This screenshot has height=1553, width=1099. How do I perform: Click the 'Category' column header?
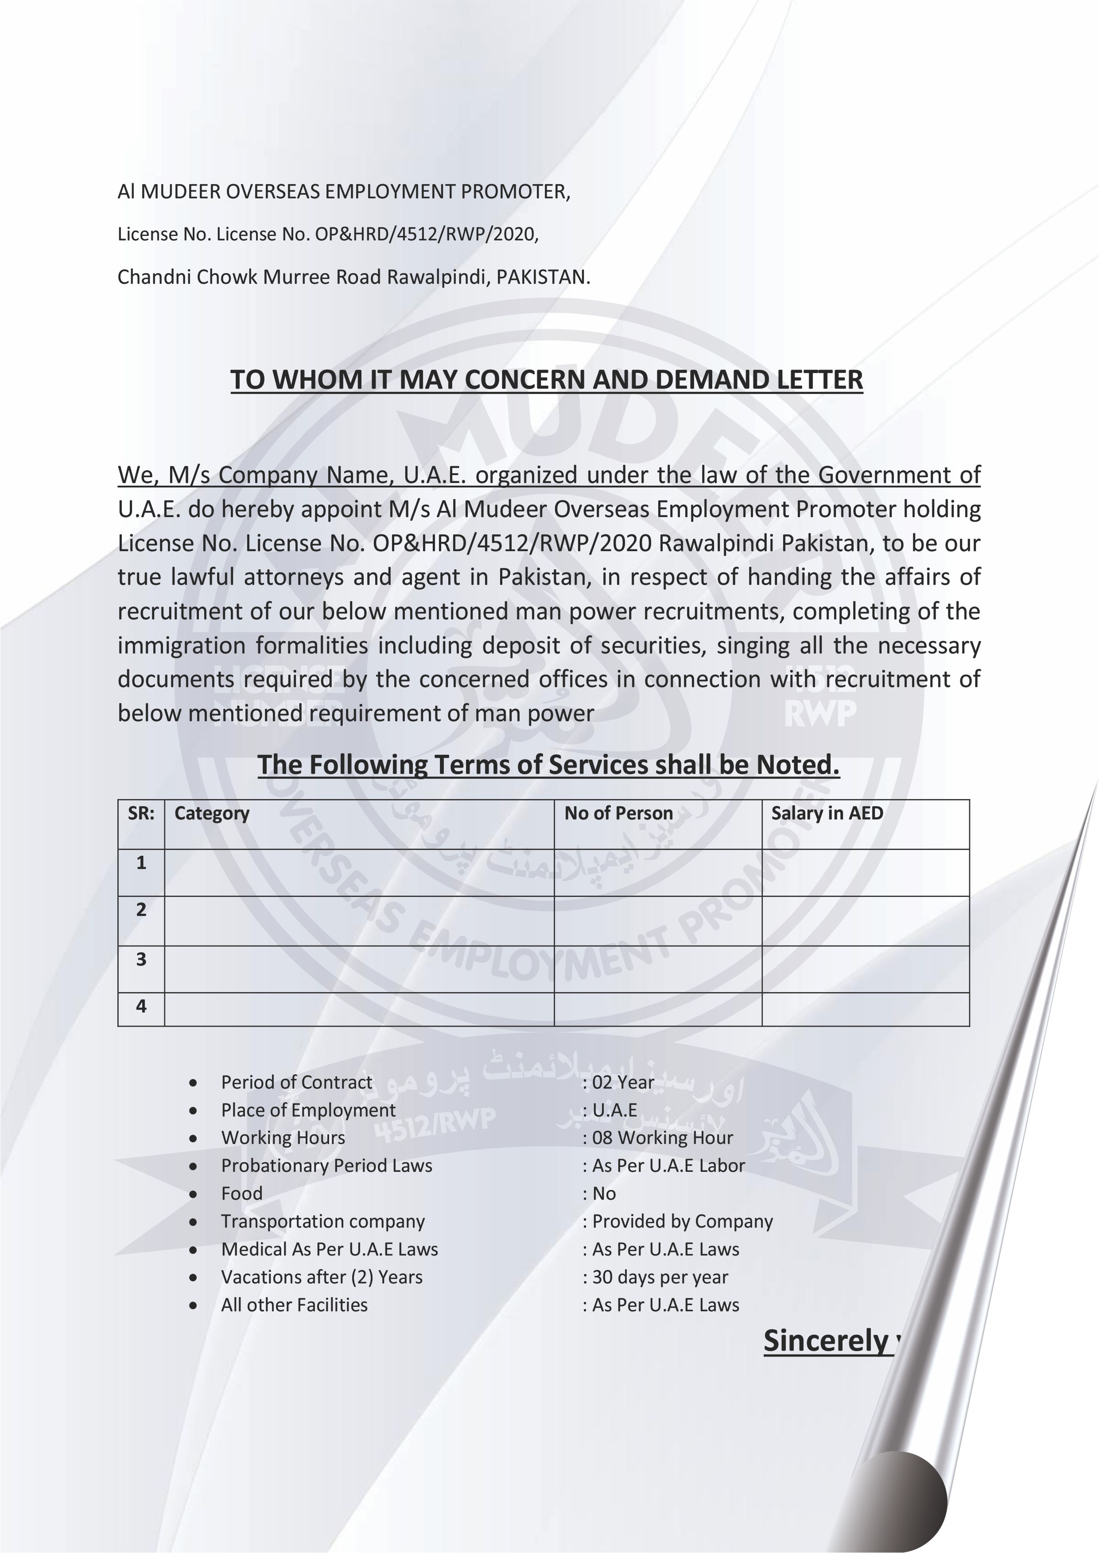[x=212, y=813]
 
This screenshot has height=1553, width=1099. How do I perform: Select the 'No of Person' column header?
[x=618, y=813]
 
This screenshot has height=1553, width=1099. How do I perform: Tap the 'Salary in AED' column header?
[x=827, y=813]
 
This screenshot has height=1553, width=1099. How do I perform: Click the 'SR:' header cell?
[x=141, y=813]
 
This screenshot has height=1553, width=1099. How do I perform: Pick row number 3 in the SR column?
[x=141, y=959]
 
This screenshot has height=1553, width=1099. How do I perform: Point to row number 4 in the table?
[x=141, y=1006]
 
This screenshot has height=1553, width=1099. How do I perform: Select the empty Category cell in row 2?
[x=359, y=920]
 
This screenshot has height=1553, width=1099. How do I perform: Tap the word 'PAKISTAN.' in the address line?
[x=543, y=277]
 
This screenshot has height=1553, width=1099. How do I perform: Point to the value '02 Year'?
[x=622, y=1082]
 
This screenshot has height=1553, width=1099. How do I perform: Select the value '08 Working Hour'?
[x=662, y=1138]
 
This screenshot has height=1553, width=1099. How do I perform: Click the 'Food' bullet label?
[x=241, y=1193]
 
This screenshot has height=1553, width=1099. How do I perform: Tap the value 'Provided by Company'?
[x=682, y=1221]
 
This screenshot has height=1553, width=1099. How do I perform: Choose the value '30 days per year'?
[x=660, y=1277]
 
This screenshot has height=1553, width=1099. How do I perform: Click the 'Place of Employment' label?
[x=308, y=1110]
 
